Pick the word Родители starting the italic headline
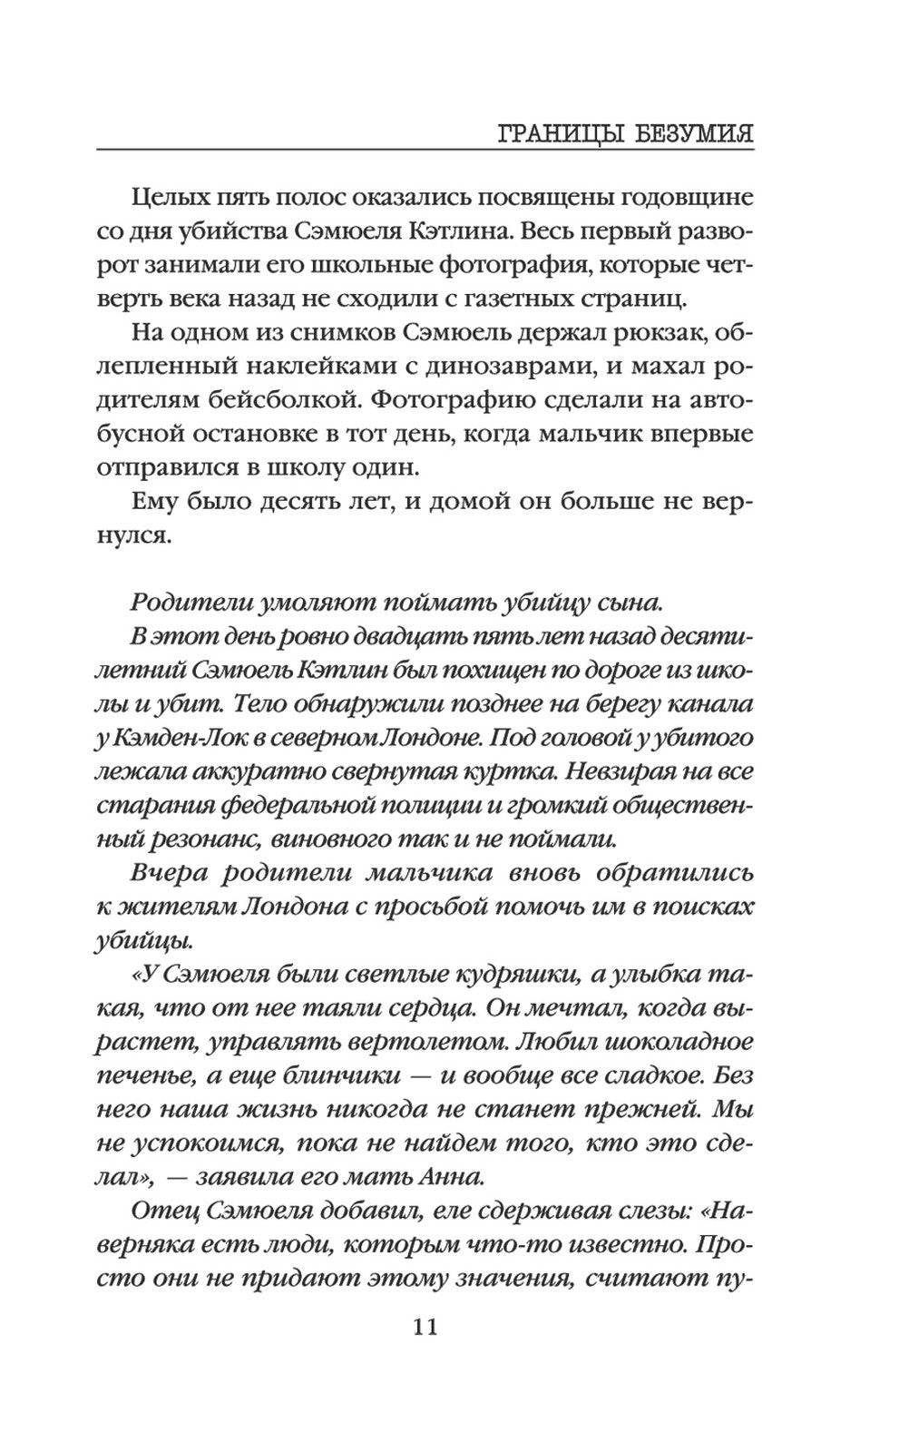point(189,601)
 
